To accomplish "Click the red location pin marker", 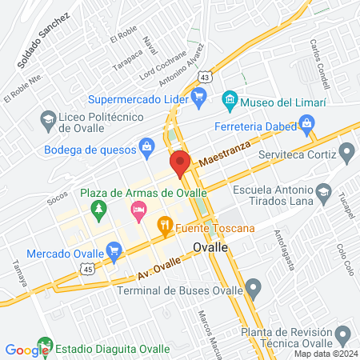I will click(180, 163).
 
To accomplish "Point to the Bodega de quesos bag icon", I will click(146, 146).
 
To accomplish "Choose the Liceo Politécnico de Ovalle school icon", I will click(47, 120).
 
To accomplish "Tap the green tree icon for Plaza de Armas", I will click(98, 210).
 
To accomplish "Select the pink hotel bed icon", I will click(138, 210).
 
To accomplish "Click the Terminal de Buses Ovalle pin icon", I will click(254, 287).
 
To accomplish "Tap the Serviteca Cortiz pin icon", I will click(346, 151).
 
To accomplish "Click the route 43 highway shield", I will click(206, 75).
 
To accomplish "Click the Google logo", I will click(26, 350).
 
